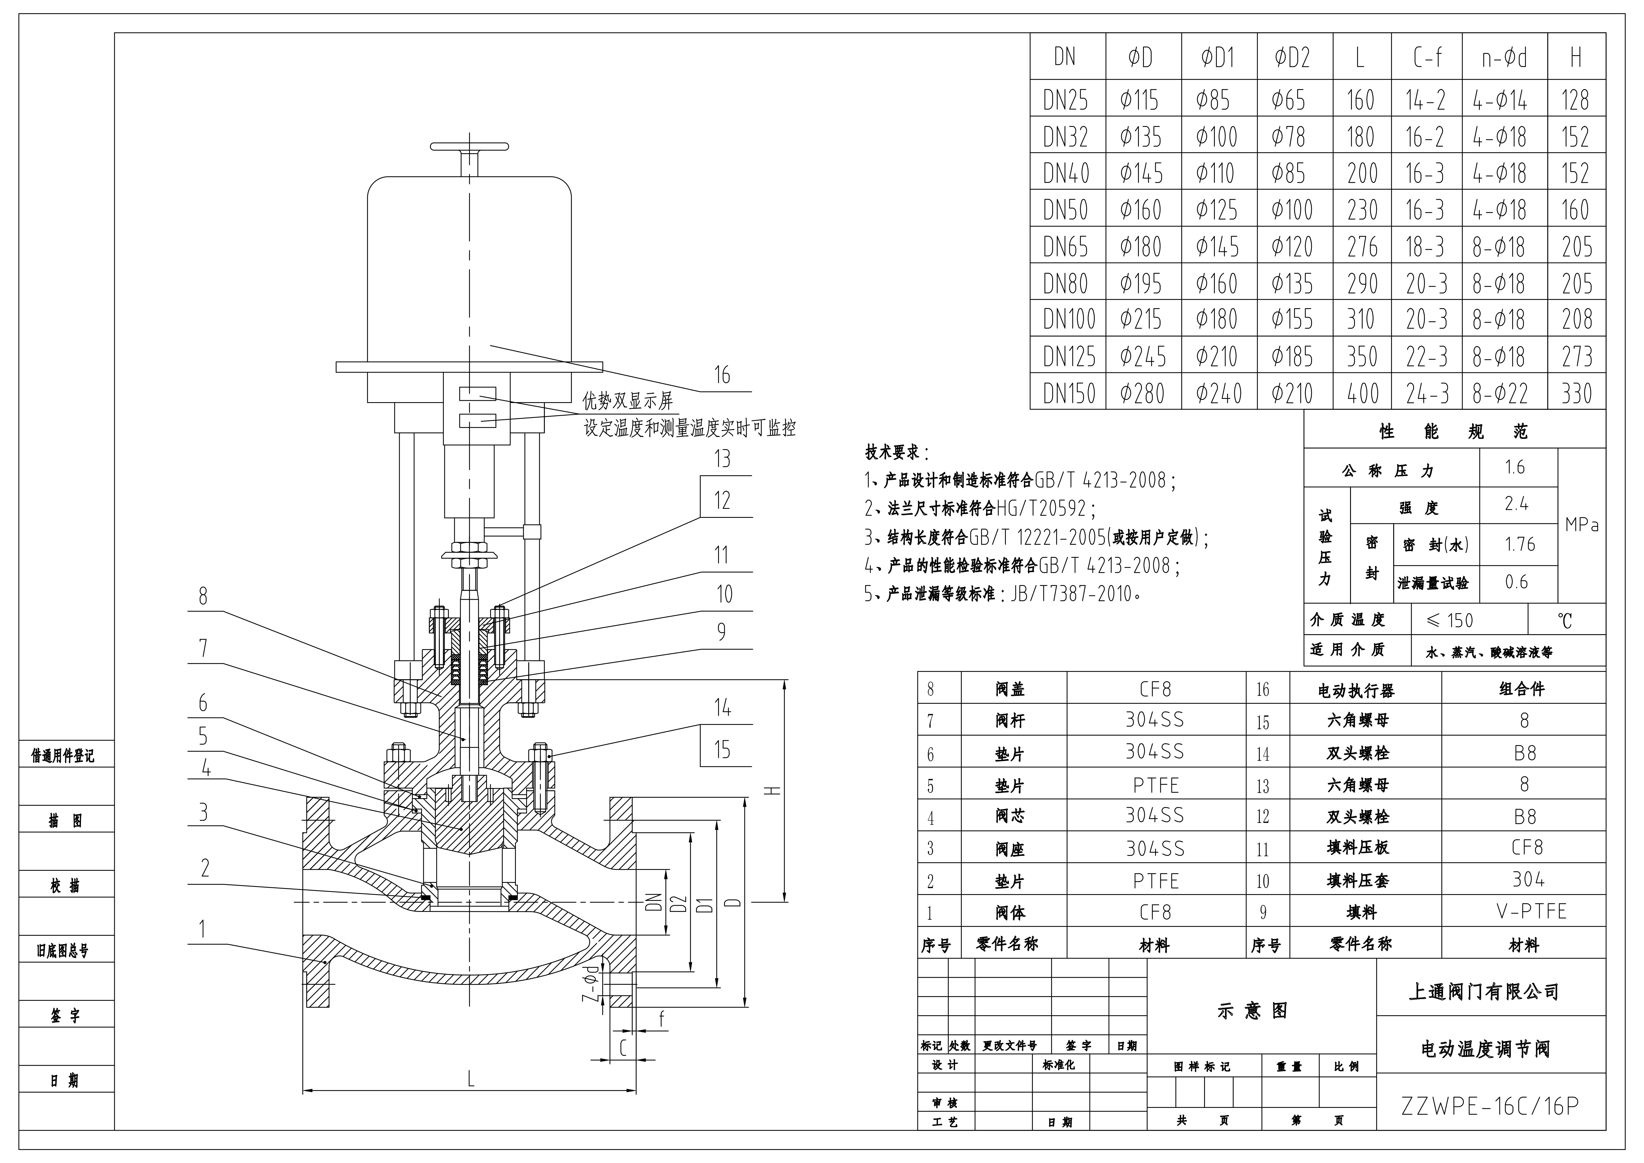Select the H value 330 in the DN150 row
point(1576,393)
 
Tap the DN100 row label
point(1069,319)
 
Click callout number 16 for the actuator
point(722,374)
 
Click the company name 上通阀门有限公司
point(1484,992)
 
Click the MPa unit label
point(1582,525)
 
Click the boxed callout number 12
point(722,500)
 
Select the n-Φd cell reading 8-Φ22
point(1500,393)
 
